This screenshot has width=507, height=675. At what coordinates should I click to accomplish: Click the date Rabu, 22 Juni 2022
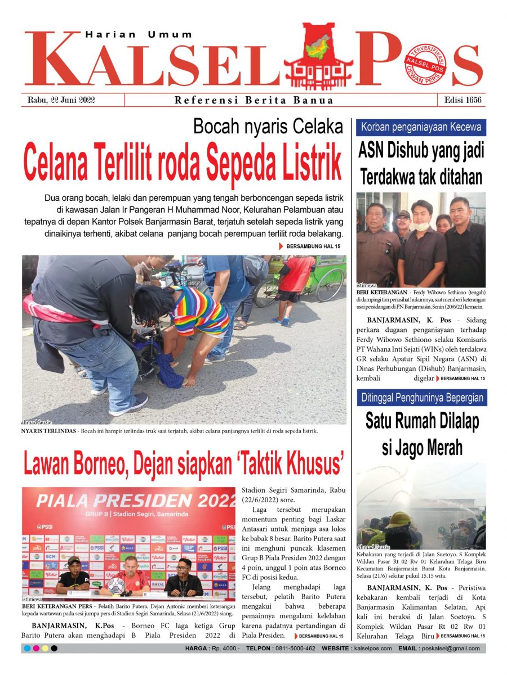(x=61, y=100)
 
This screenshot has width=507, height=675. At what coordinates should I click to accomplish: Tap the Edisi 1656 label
(x=461, y=100)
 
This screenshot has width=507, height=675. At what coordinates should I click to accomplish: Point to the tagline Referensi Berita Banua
(x=254, y=101)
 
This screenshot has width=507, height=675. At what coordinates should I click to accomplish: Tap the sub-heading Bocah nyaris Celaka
(x=268, y=127)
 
